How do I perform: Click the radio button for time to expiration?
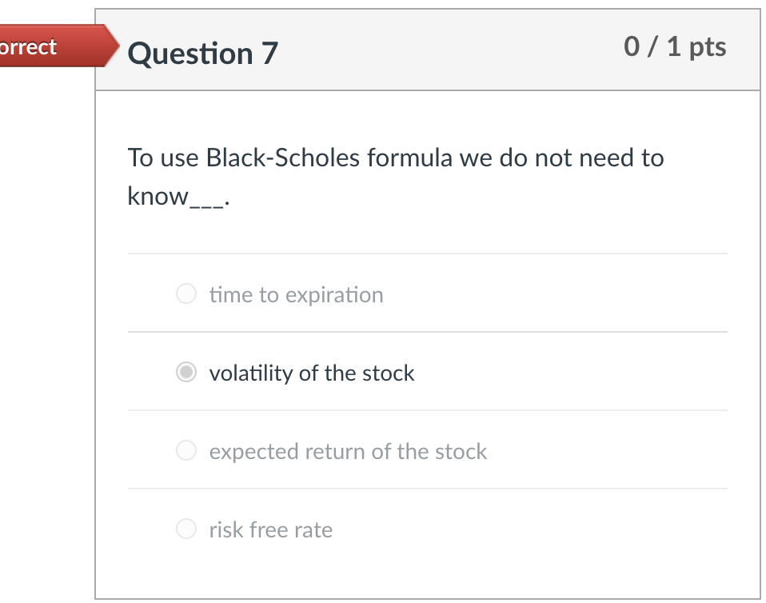coord(186,294)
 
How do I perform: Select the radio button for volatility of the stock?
coord(186,373)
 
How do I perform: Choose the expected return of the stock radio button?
coord(186,451)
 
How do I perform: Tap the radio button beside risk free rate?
coord(186,529)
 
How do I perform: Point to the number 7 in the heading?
coord(269,54)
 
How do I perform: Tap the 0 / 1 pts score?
coord(675,46)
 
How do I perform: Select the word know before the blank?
coord(157,196)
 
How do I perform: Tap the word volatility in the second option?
coord(249,373)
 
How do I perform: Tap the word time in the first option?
coord(230,295)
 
